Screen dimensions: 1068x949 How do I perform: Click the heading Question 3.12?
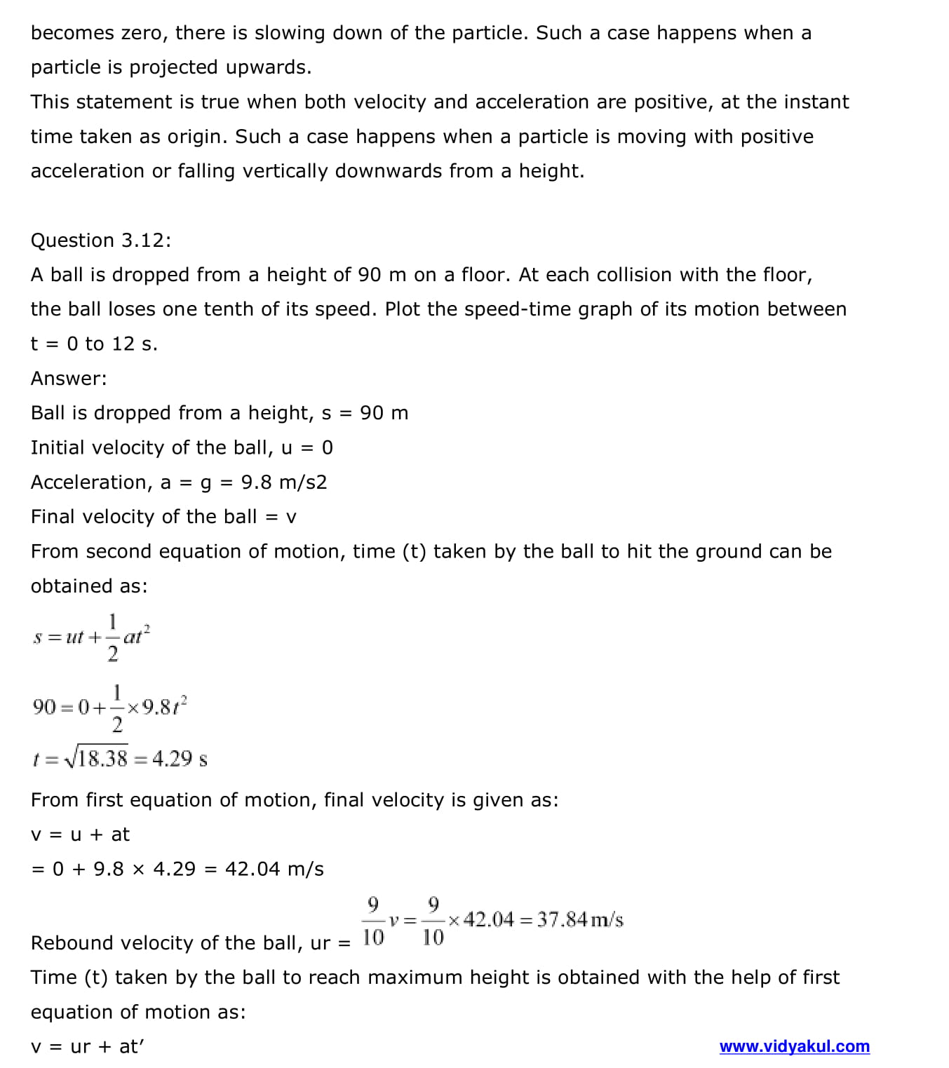(100, 241)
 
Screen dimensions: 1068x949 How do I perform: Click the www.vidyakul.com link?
(794, 1047)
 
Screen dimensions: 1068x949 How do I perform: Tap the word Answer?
(69, 379)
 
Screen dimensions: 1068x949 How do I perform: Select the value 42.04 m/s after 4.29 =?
(274, 870)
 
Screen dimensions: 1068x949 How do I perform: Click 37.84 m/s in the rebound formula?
(579, 919)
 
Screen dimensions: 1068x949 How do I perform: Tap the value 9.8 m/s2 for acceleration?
(284, 482)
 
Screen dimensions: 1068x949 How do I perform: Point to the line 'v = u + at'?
(80, 834)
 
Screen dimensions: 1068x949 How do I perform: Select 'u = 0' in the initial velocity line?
(307, 447)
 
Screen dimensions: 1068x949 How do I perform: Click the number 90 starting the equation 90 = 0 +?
(43, 707)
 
